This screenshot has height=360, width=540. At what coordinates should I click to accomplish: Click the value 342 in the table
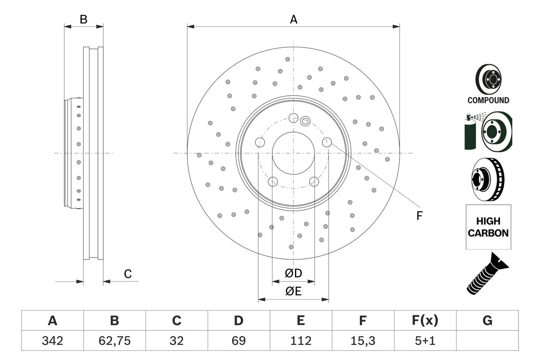point(52,341)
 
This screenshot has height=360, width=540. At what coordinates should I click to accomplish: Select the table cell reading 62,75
point(114,341)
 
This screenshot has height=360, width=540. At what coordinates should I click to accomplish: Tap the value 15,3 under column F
point(362,341)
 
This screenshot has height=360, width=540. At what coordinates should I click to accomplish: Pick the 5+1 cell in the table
point(425,341)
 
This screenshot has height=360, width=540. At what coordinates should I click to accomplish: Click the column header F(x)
point(425,321)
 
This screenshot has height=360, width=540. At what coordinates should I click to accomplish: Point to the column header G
point(487,321)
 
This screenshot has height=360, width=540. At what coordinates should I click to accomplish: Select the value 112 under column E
point(300,341)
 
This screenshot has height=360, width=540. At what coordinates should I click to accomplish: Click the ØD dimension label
point(294,273)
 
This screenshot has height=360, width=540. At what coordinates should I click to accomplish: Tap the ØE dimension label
point(294,291)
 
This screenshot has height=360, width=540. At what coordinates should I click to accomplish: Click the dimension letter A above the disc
point(293,19)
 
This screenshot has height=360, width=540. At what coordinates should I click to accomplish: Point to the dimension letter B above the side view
point(84,19)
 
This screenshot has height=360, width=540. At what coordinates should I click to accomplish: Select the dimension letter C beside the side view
point(128,274)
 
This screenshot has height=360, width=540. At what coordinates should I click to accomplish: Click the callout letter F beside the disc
point(419,216)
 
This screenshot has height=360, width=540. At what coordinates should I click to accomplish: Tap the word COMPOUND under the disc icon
point(488,100)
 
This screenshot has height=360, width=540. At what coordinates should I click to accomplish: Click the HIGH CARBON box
point(488,227)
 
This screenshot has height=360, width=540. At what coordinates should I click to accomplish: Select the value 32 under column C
point(176,341)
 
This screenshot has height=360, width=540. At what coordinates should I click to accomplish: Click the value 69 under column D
point(238,341)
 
